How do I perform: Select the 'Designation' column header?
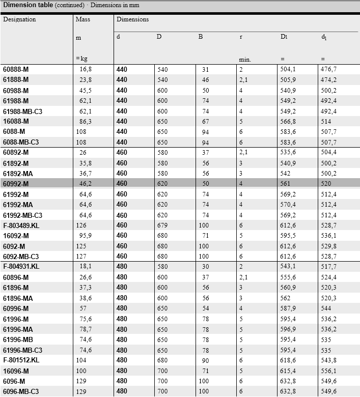pyautogui.click(x=19, y=19)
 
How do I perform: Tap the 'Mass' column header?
pyautogui.click(x=82, y=19)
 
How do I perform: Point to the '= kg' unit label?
pyautogui.click(x=81, y=59)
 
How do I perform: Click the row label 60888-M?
pyautogui.click(x=16, y=69)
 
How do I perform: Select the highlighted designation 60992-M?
pyautogui.click(x=16, y=184)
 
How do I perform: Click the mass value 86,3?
pyautogui.click(x=86, y=121)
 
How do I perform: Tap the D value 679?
pyautogui.click(x=162, y=225)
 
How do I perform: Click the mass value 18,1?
pyautogui.click(x=86, y=267)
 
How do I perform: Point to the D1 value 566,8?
pyautogui.click(x=288, y=121)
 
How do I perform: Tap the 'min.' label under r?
pyautogui.click(x=245, y=60)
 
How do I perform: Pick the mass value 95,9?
pyautogui.click(x=86, y=236)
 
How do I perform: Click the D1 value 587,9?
pyautogui.click(x=288, y=308)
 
